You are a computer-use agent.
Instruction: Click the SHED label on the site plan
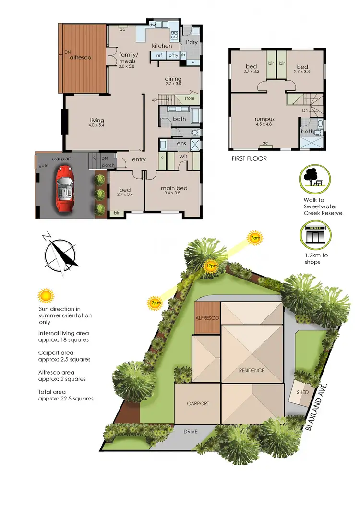[303, 392]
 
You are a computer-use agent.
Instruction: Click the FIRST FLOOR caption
[249, 158]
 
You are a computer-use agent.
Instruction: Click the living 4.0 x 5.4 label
[97, 123]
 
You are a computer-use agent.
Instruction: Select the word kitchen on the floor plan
[162, 46]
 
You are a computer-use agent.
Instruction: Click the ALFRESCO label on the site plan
[207, 318]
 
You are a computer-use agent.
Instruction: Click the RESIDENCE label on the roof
[252, 370]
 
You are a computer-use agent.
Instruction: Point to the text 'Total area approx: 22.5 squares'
[65, 395]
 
